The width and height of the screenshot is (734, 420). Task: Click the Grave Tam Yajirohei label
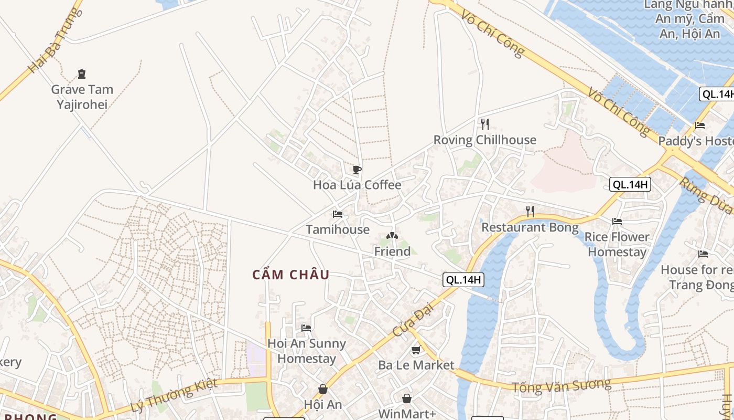coord(82,97)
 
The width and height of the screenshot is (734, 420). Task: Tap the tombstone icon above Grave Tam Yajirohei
coord(81,74)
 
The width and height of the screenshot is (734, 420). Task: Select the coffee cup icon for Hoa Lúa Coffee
coord(357,170)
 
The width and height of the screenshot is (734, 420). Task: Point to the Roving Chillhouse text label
coord(484,140)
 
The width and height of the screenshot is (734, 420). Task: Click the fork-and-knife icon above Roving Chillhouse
coord(484,124)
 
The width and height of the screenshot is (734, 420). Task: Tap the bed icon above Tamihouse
coord(338,214)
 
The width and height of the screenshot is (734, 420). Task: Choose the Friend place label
coord(392,252)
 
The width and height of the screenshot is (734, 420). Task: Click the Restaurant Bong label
coord(530,228)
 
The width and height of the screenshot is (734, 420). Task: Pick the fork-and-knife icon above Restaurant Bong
coord(530,212)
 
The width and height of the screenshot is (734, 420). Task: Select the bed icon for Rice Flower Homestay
coord(617,222)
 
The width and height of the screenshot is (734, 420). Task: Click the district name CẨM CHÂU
coord(291,275)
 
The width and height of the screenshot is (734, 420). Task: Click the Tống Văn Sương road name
coord(561,386)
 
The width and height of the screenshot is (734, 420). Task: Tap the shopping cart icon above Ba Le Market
coord(416,350)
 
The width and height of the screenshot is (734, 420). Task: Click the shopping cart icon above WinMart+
coord(407,399)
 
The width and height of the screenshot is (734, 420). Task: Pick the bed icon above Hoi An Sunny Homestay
coord(306,328)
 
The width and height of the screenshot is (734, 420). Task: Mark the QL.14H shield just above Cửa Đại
coord(463,280)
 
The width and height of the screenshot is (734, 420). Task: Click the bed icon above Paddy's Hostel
coord(699,125)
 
